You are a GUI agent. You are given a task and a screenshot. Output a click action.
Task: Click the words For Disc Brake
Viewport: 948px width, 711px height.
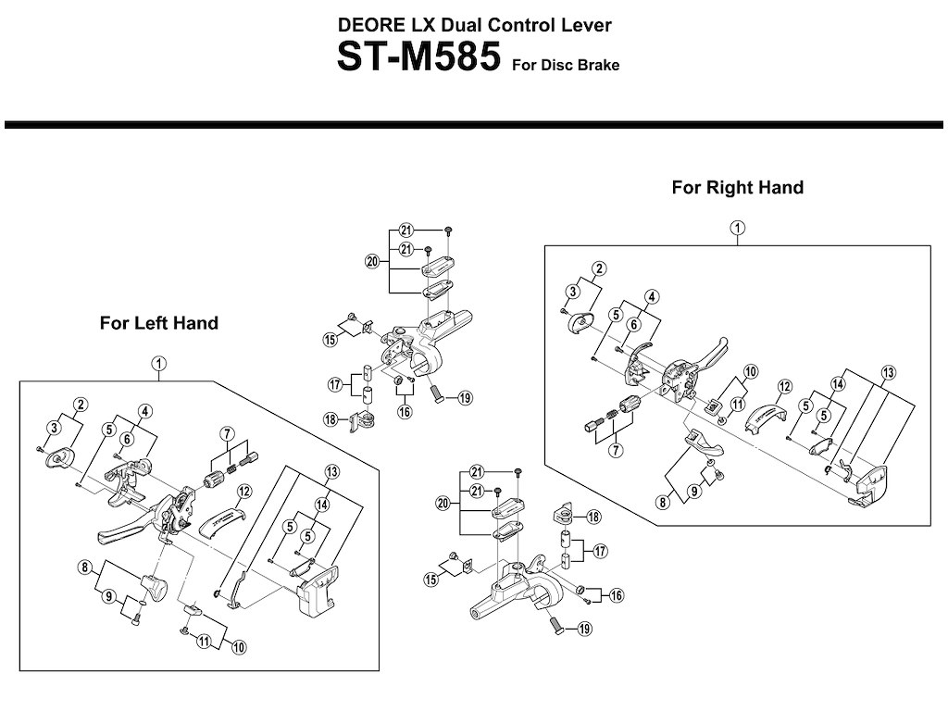[564, 66]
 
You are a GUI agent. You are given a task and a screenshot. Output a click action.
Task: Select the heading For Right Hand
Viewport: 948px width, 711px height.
[737, 188]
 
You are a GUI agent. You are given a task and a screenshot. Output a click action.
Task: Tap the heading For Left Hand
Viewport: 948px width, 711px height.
[159, 323]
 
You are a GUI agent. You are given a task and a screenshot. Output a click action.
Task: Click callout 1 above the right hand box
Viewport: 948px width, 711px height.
[738, 228]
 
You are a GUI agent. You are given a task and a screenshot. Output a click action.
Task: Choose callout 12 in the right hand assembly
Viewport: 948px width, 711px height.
[784, 386]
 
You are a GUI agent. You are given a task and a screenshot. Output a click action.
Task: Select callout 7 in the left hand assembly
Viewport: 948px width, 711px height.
[225, 433]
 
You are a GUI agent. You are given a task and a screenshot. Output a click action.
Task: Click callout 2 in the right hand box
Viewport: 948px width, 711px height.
[599, 268]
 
